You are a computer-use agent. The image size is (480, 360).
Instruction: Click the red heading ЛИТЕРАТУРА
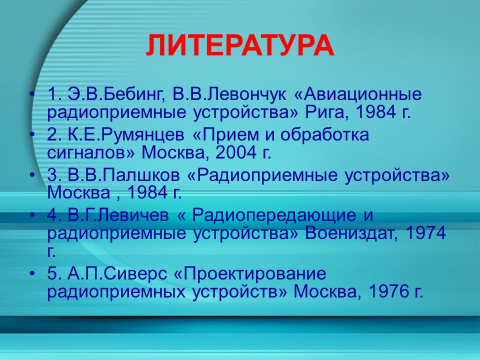pyautogui.click(x=240, y=45)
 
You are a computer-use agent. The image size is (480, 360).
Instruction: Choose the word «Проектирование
pyautogui.click(x=255, y=274)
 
